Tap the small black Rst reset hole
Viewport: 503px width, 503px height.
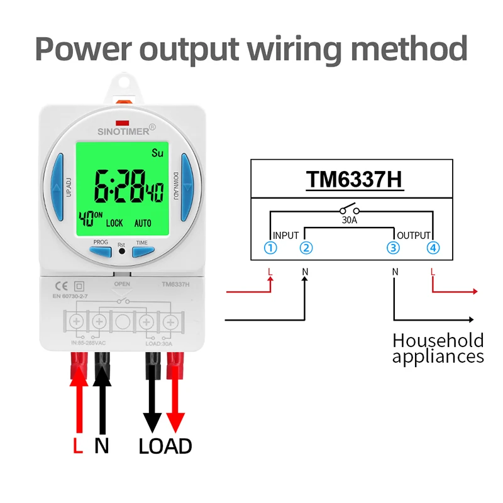point(122,251)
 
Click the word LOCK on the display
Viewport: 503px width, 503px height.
point(114,223)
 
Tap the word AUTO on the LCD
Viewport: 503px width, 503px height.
point(143,223)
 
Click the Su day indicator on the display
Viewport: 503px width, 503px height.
point(157,153)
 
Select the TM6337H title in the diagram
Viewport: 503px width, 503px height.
point(353,179)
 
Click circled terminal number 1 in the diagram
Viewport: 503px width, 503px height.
point(270,248)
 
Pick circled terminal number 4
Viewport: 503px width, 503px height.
point(433,248)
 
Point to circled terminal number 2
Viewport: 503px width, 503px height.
point(306,248)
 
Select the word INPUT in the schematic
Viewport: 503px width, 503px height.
point(286,235)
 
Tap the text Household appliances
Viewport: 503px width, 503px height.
point(438,348)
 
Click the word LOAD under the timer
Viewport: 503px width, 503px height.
point(165,446)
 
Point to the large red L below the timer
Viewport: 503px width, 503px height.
point(77,446)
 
